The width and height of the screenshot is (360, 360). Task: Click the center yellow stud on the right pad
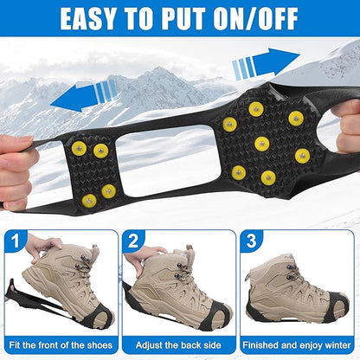261,144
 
